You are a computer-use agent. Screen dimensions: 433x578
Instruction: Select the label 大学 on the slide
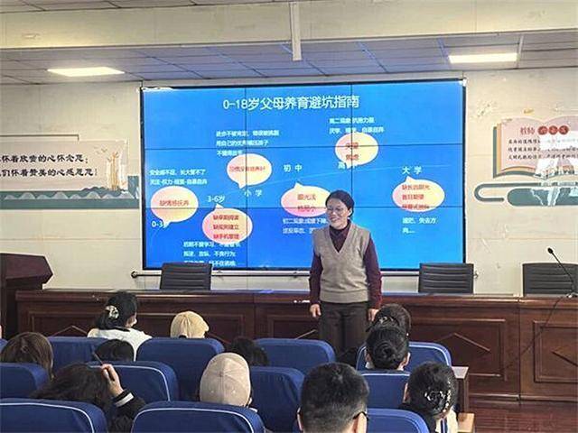(x=412, y=170)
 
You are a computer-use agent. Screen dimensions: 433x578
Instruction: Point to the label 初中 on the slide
(x=292, y=170)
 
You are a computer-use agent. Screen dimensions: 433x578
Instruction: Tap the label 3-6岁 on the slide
(x=216, y=198)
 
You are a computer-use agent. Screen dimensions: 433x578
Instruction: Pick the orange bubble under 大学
(x=417, y=195)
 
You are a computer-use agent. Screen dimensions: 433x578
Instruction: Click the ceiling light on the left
(x=85, y=71)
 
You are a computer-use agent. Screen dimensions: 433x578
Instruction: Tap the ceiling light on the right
(x=482, y=58)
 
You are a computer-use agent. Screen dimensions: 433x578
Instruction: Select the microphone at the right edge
(x=562, y=266)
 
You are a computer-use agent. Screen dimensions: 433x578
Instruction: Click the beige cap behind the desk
(x=189, y=325)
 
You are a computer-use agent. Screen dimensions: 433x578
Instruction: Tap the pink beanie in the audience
(x=225, y=380)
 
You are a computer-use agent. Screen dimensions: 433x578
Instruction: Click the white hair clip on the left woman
(x=112, y=311)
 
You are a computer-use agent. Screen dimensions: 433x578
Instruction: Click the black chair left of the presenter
(x=185, y=276)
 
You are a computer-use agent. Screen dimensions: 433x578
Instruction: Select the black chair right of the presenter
(x=445, y=277)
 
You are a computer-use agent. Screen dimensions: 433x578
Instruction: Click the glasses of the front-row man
(x=359, y=416)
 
